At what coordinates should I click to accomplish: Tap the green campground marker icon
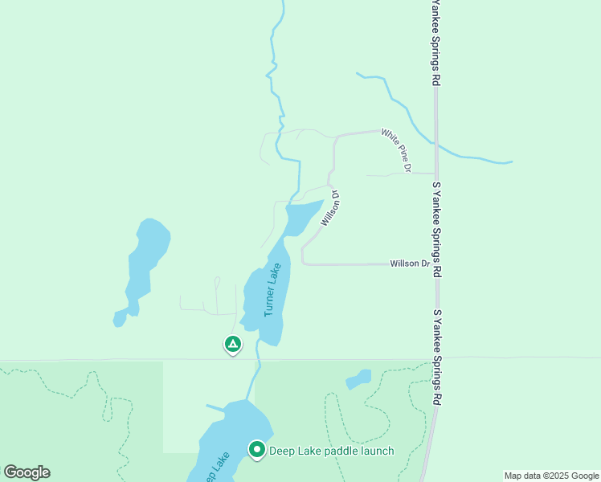(x=232, y=345)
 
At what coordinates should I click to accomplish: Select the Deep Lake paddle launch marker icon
(x=257, y=449)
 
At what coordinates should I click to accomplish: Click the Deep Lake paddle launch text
(x=331, y=451)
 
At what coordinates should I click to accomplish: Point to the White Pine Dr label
(x=396, y=150)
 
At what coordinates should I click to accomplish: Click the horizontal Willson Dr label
(x=410, y=263)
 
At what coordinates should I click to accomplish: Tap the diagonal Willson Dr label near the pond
(x=331, y=208)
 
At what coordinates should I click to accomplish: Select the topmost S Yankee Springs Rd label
(x=435, y=42)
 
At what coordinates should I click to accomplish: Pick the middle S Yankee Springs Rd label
(x=437, y=230)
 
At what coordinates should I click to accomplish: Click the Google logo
(x=27, y=472)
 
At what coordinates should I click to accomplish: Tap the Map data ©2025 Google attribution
(x=551, y=476)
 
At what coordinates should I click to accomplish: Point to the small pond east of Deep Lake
(x=359, y=378)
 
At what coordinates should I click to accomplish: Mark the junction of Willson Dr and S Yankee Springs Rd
(x=435, y=263)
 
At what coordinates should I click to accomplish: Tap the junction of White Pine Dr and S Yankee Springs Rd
(x=435, y=173)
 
